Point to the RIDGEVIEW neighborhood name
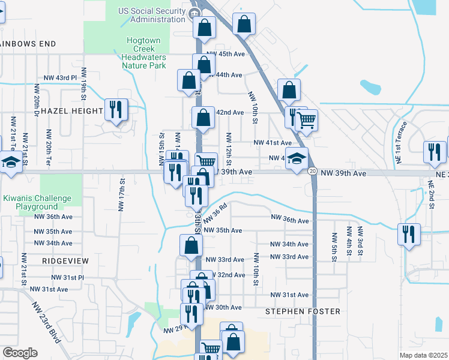tap(65, 261)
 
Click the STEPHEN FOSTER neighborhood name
tap(303, 311)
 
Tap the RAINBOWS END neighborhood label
tap(28, 44)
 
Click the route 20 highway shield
tap(313, 172)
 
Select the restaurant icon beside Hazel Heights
tap(116, 109)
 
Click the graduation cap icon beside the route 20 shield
tap(296, 159)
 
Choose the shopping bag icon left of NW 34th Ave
tap(191, 245)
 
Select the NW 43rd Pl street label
tap(61, 78)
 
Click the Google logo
tap(20, 353)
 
